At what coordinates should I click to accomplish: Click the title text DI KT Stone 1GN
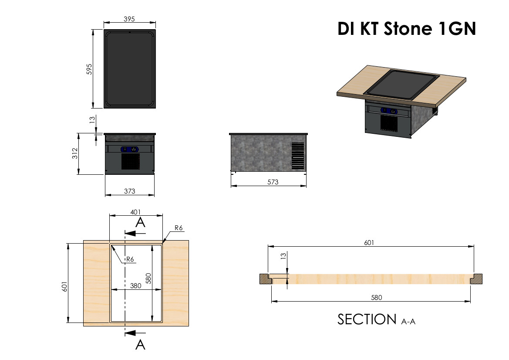point(406,29)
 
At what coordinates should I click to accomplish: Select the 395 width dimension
point(129,19)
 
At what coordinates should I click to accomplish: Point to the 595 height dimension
point(89,69)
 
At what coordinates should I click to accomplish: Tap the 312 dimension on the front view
point(74,153)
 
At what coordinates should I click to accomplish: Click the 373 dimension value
point(129,191)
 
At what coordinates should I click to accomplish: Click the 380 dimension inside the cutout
point(136,286)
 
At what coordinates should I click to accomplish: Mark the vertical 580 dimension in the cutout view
point(148,278)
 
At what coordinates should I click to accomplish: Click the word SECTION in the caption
point(367,319)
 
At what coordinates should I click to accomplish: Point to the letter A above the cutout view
point(140,223)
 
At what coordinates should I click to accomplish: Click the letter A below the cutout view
point(140,345)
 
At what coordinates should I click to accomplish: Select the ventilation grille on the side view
point(298,156)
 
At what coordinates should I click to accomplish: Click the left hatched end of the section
point(265,278)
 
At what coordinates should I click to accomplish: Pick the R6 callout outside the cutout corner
point(179,228)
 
